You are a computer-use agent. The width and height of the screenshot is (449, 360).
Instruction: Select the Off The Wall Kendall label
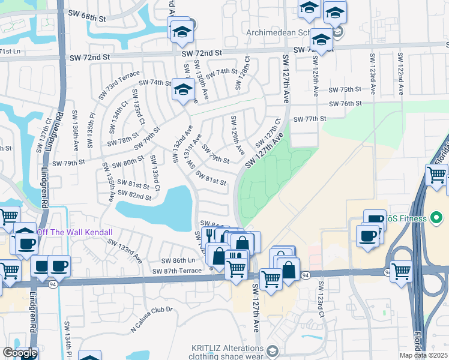(x=74, y=232)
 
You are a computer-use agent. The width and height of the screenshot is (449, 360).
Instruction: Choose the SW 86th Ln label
(x=178, y=260)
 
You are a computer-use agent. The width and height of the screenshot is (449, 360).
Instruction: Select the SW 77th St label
(x=309, y=119)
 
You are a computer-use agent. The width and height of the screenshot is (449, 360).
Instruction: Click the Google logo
(x=20, y=353)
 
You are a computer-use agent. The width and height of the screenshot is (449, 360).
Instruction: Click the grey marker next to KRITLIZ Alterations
(x=273, y=351)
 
